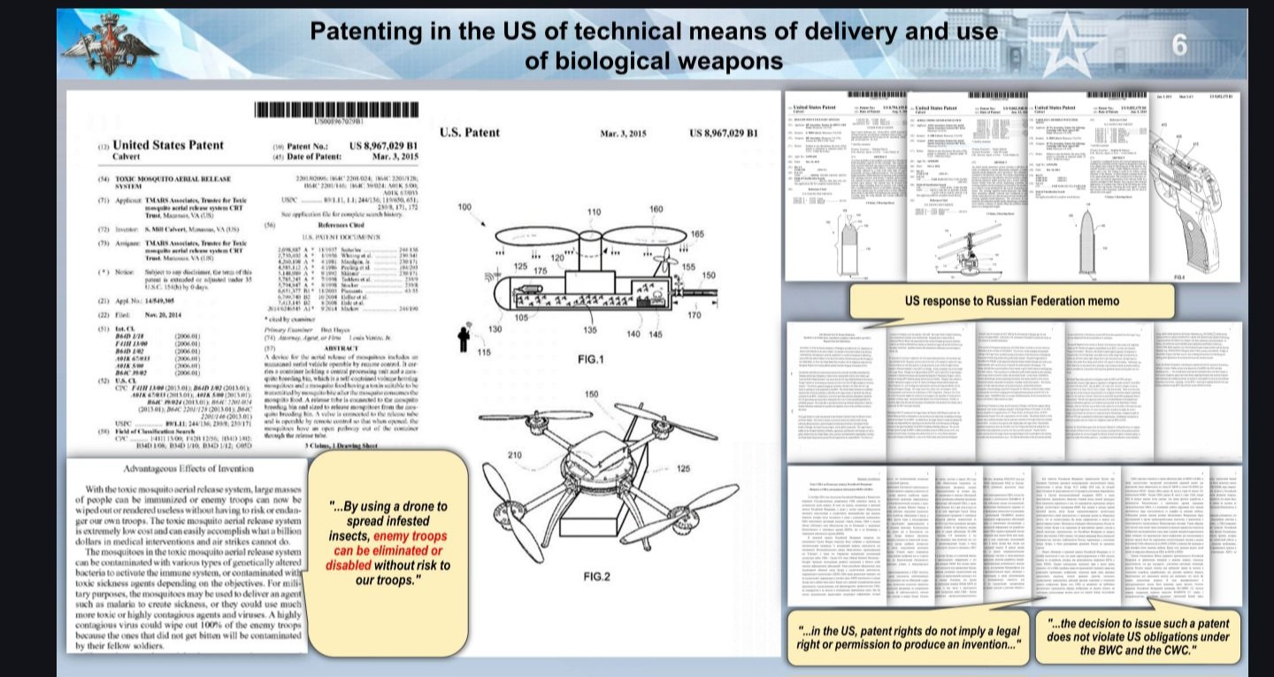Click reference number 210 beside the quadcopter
pyautogui.click(x=488, y=455)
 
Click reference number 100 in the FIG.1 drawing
pyautogui.click(x=464, y=182)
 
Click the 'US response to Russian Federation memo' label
pyautogui.click(x=1012, y=301)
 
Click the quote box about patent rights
pyautogui.click(x=909, y=636)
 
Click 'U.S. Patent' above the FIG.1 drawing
pyautogui.click(x=469, y=133)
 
